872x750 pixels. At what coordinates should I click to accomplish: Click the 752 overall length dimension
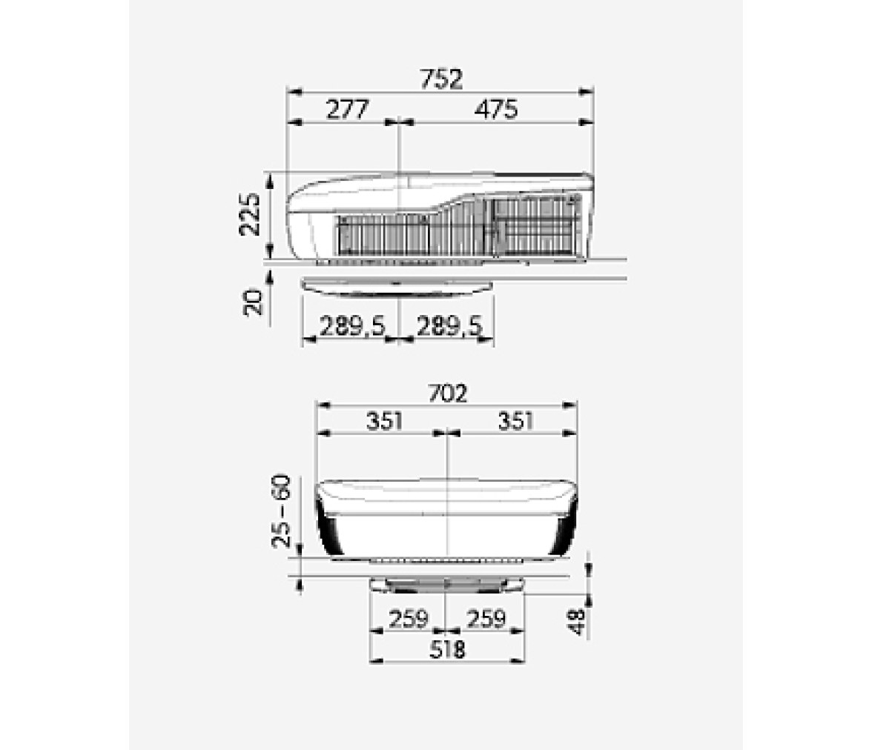click(441, 79)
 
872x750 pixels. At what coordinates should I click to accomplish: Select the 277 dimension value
click(347, 110)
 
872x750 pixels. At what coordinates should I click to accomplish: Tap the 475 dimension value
click(496, 110)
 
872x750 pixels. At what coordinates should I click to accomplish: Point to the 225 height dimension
click(251, 214)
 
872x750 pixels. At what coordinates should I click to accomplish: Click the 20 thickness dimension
click(253, 302)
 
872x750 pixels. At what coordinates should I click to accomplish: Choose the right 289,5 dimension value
click(448, 325)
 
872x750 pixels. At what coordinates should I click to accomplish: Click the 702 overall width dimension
click(448, 394)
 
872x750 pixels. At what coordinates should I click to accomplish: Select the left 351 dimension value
click(384, 421)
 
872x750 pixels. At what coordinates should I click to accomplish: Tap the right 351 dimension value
click(515, 421)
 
